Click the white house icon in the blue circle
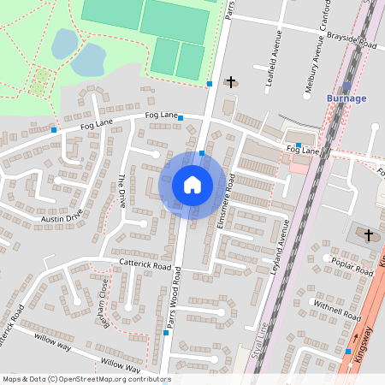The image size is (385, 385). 192,184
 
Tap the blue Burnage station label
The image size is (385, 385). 346,98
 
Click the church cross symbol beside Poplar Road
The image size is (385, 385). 369,234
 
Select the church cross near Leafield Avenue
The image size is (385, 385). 230,82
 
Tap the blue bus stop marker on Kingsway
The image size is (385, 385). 348,351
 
